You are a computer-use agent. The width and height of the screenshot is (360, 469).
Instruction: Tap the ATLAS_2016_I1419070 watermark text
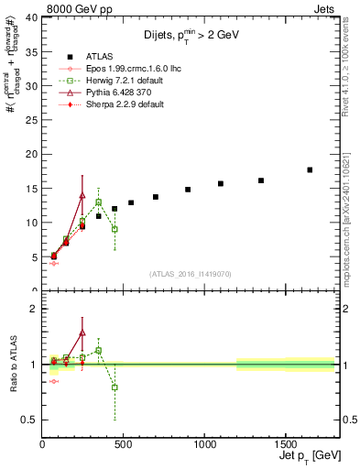pos(189,273)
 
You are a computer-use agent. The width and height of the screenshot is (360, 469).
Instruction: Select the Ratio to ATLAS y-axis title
pos(12,365)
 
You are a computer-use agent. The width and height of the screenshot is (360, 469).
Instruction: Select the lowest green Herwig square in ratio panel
pos(115,387)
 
